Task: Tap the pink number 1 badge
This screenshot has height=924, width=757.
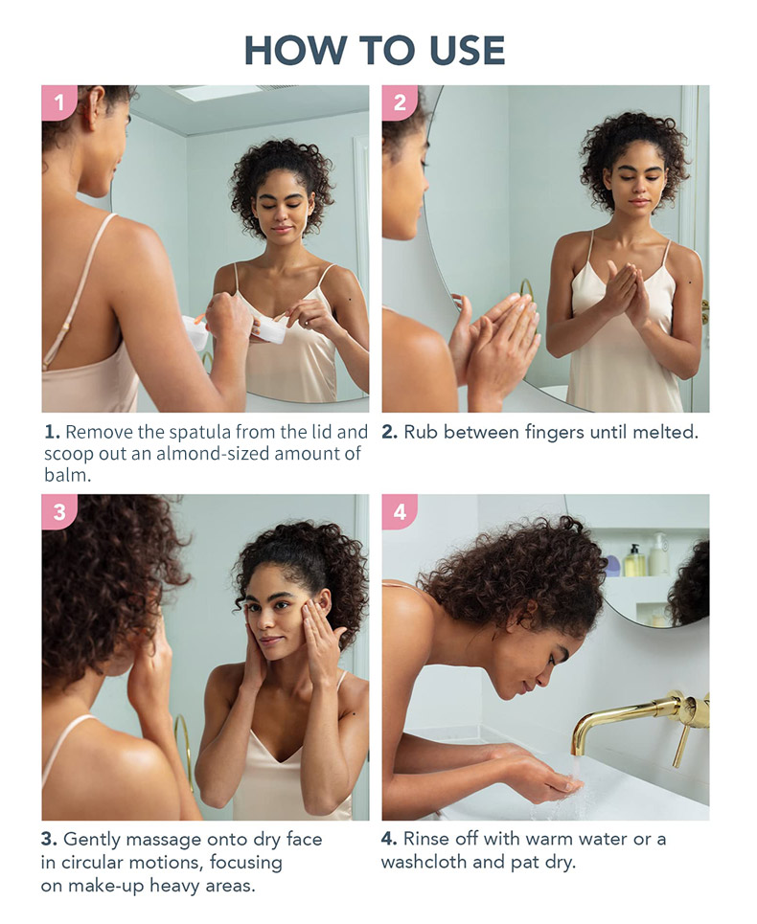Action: point(58,102)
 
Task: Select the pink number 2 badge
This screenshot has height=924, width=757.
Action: point(399,102)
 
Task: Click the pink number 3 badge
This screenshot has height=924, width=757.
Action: point(58,512)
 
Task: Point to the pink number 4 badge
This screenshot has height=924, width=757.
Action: point(399,512)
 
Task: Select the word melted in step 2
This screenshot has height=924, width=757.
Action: point(663,432)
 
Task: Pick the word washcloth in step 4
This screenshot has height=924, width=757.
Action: point(425,863)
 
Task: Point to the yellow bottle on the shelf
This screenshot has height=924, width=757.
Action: point(634,561)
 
